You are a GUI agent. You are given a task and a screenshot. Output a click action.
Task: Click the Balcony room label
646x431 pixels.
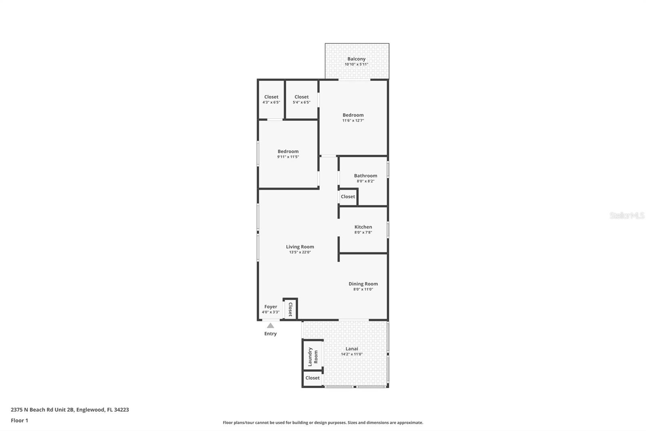(356, 59)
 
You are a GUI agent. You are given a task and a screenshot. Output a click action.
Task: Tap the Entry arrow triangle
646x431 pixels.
(271, 325)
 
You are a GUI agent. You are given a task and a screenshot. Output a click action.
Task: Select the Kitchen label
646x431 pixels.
(363, 227)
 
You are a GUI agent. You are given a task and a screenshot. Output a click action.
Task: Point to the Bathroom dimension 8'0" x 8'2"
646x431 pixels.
(365, 181)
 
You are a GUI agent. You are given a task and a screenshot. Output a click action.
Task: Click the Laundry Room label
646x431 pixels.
(313, 357)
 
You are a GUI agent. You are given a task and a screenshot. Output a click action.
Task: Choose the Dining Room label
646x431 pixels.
(363, 284)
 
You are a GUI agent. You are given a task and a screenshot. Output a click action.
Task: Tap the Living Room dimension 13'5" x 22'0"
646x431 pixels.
(300, 252)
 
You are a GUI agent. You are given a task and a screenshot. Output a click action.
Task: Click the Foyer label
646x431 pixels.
(271, 306)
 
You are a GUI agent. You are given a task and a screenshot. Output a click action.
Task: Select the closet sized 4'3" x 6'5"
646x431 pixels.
(271, 99)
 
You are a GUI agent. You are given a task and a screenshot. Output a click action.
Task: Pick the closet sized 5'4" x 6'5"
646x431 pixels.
(302, 99)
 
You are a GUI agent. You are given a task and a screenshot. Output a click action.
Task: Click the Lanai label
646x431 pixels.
(352, 349)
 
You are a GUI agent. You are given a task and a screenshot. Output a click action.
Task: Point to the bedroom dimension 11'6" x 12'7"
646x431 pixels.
(353, 120)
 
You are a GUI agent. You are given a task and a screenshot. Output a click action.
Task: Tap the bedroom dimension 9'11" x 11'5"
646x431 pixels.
(288, 157)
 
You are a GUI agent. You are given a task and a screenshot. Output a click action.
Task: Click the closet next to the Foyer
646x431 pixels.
(290, 309)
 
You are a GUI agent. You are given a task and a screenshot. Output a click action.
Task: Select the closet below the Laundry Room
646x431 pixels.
(313, 378)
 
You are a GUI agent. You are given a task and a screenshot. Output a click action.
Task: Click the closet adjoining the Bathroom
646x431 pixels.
(348, 197)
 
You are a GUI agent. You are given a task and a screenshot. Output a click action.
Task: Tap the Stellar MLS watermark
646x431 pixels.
(627, 215)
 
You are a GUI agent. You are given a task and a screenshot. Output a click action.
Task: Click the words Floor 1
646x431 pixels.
(19, 420)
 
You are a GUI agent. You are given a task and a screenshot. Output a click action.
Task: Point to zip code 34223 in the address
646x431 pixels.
(122, 410)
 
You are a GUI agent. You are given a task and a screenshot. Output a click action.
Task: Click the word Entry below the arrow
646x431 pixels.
(271, 334)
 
